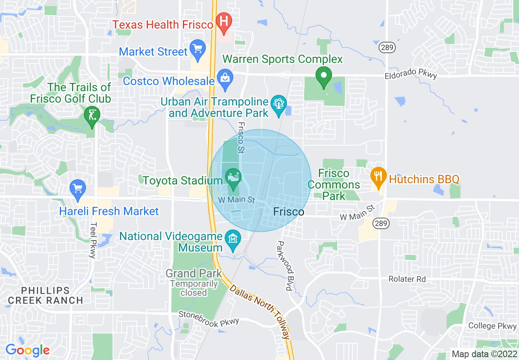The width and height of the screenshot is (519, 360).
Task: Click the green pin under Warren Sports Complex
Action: [323, 76]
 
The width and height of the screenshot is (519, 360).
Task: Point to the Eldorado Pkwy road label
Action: [411, 74]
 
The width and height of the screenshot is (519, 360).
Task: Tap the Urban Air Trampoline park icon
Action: [279, 104]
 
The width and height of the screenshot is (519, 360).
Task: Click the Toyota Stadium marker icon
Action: [233, 178]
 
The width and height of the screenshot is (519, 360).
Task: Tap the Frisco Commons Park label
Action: [334, 184]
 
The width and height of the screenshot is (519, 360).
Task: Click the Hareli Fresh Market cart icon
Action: [77, 189]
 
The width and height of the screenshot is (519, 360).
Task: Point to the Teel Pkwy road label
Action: [93, 240]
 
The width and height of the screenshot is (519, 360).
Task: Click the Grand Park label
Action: [194, 273]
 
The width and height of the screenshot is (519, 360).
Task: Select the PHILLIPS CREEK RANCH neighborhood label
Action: [45, 295]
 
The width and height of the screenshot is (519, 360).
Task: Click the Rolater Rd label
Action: [407, 279]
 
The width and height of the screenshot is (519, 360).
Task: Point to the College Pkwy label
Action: [492, 326]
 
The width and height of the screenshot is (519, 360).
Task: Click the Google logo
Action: [27, 350]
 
